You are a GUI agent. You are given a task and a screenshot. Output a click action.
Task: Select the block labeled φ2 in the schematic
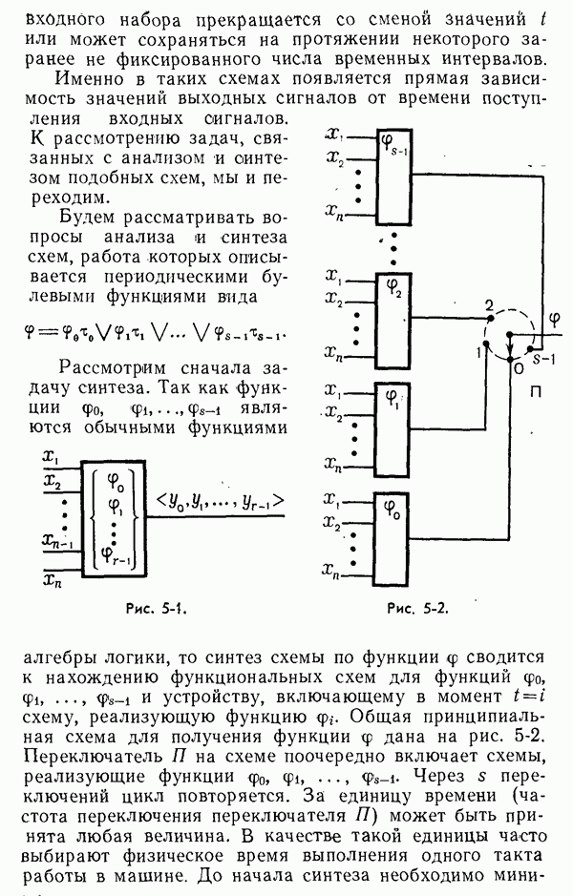click(393, 316)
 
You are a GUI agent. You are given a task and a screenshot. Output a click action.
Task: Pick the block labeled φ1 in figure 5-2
click(393, 425)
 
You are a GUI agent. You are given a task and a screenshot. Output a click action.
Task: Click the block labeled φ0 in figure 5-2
click(393, 534)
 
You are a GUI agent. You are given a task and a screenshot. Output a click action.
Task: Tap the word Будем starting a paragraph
click(84, 216)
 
